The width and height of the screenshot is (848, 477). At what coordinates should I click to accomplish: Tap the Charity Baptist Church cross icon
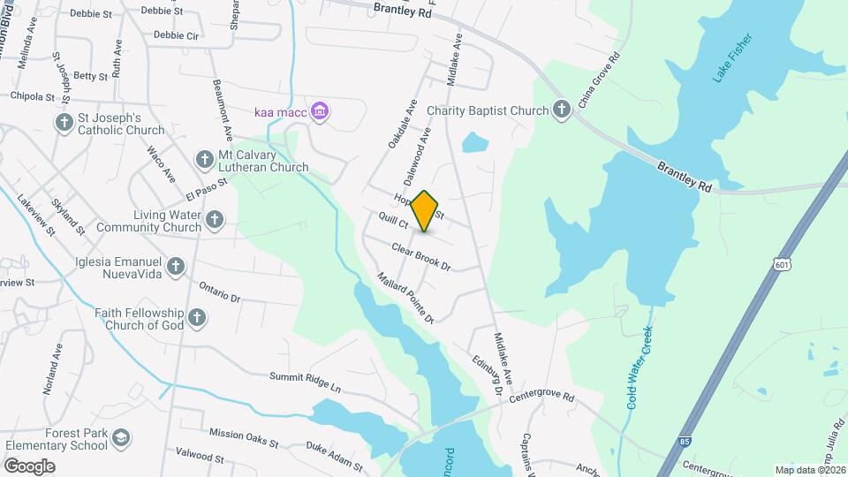click(x=561, y=110)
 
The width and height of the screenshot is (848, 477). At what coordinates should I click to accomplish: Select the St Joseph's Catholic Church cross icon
click(x=64, y=123)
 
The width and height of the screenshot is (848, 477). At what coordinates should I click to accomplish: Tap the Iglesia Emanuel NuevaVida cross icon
click(x=176, y=265)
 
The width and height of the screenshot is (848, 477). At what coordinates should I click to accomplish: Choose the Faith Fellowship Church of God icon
click(x=197, y=316)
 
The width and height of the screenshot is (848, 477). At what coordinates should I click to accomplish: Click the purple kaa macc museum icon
click(x=321, y=111)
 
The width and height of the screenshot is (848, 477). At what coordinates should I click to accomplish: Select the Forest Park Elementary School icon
click(x=122, y=437)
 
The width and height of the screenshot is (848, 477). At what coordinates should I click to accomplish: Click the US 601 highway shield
click(x=779, y=264)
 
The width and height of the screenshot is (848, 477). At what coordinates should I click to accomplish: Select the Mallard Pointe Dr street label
click(x=405, y=296)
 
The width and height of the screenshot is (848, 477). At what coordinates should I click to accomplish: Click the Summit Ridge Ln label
click(x=305, y=382)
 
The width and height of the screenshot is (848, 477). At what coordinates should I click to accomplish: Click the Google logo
click(x=29, y=466)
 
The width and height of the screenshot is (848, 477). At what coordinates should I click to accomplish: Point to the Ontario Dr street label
click(x=220, y=292)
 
